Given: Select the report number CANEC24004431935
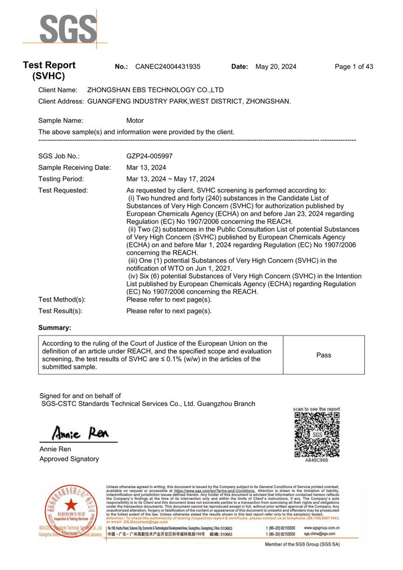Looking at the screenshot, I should [168, 67].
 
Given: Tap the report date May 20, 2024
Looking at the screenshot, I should [276, 67].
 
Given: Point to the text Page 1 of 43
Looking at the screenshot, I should [354, 67].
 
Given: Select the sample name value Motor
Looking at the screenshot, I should [135, 121].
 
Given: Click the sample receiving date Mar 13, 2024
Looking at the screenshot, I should [146, 167].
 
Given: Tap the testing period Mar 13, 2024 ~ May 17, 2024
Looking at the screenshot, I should [170, 179].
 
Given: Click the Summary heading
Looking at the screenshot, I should [55, 328].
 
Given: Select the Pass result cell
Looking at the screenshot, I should [324, 355].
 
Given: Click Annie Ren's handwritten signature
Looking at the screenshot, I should [81, 433].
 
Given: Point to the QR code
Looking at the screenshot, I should [317, 434].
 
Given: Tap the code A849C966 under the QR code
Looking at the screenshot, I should [317, 461].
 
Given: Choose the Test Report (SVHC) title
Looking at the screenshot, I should [49, 71].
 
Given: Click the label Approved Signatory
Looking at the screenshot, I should [69, 459].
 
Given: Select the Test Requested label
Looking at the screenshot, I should [63, 190].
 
